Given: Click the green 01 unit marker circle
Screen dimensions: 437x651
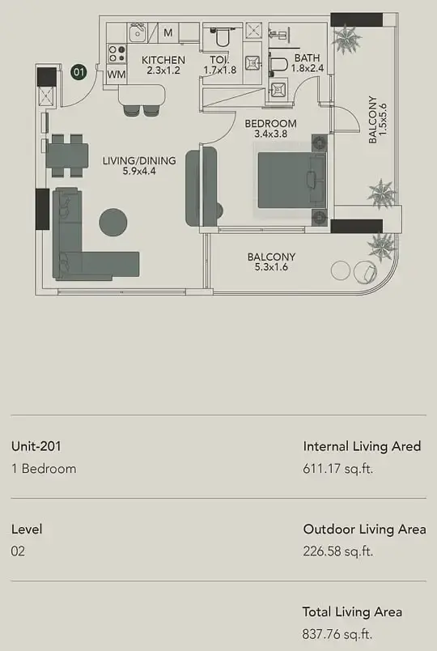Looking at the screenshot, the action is (78, 72).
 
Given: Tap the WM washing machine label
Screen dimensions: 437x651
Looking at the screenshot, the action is (117, 75).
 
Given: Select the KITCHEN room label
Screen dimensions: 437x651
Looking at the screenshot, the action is (163, 60).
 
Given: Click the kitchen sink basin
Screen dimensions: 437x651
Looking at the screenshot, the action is (137, 33).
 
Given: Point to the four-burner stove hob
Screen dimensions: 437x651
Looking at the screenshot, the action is (117, 53).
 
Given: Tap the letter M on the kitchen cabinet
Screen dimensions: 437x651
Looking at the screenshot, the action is (168, 32).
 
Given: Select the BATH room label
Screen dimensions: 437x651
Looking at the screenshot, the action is (307, 57).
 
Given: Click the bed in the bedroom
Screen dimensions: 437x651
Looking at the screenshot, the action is (291, 180).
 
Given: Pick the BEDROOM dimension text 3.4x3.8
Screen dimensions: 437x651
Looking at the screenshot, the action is (270, 134).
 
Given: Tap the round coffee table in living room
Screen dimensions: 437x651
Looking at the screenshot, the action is (112, 223).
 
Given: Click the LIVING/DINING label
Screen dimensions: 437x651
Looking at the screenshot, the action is (139, 160).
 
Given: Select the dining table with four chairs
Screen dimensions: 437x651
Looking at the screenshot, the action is (67, 155).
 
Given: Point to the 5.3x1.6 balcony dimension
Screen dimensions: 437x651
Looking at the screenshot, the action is (271, 267).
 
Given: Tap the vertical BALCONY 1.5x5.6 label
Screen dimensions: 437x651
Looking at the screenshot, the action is (378, 120).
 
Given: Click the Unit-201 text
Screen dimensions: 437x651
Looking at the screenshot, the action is (36, 446).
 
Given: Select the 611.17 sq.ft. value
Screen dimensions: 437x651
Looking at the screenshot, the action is (337, 469).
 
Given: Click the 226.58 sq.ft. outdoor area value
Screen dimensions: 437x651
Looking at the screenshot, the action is (337, 551).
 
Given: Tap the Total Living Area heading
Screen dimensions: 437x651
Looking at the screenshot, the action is (352, 612).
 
